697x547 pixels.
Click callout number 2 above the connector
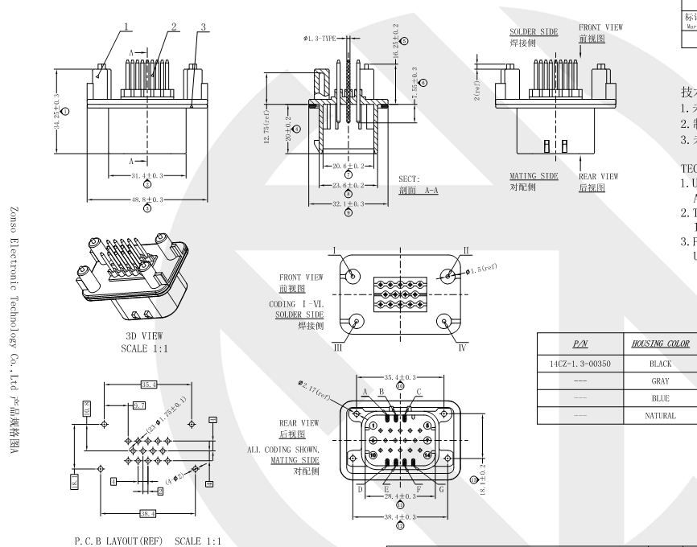click(x=173, y=26)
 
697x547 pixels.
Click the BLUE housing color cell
click(x=660, y=397)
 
